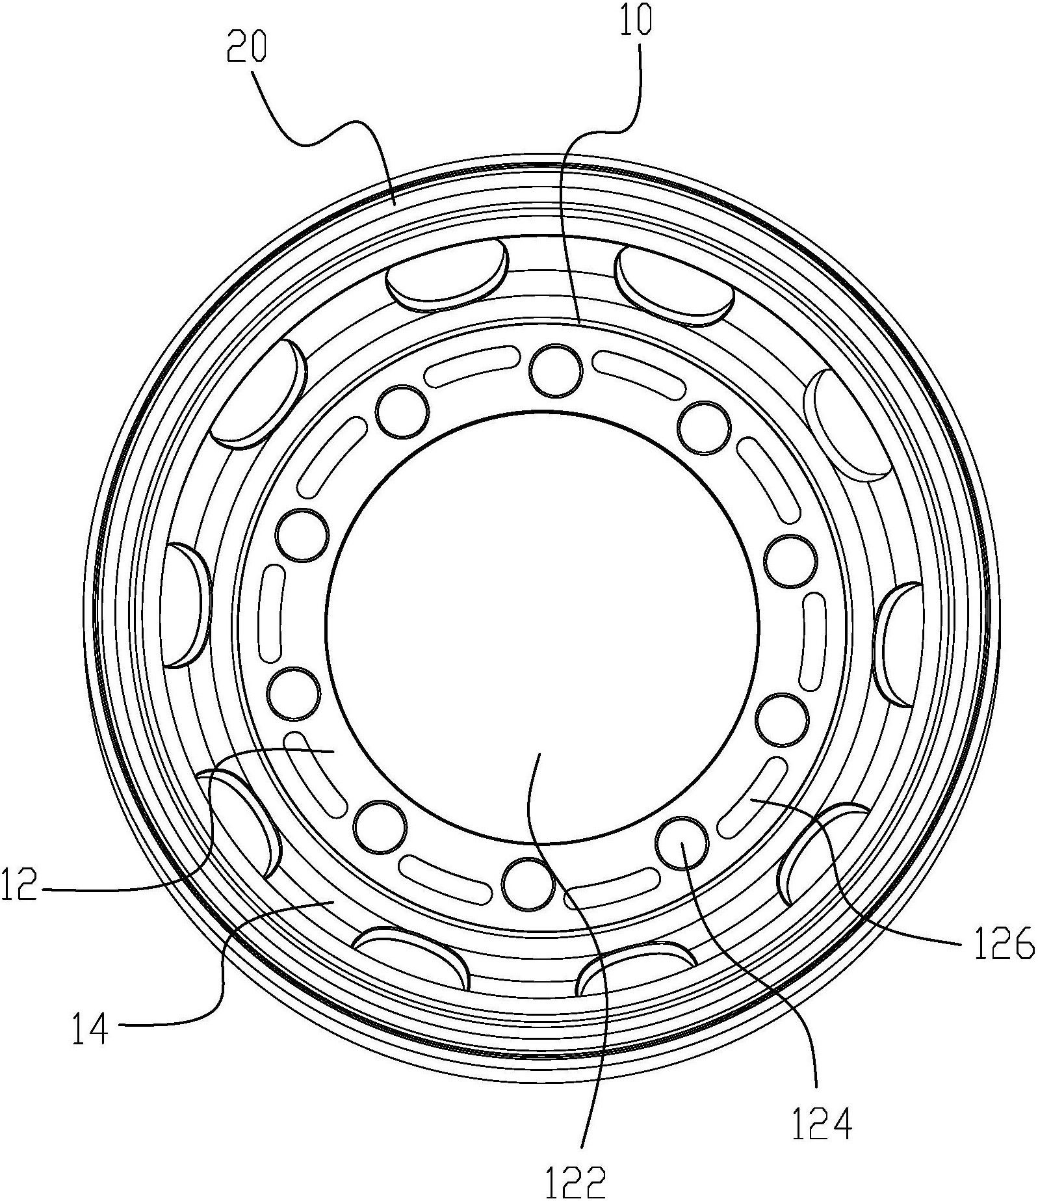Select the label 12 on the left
pyautogui.click(x=21, y=888)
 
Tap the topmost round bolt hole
pyautogui.click(x=556, y=371)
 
